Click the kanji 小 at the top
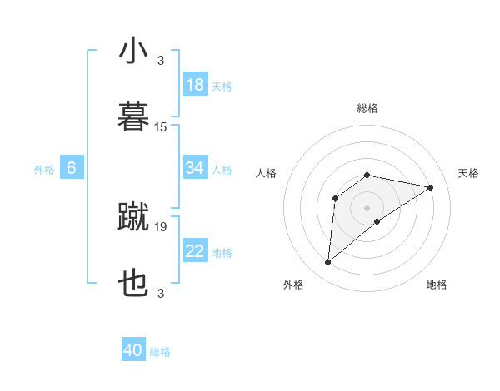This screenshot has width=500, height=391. pos(133,52)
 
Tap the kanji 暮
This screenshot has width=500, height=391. pos(133,117)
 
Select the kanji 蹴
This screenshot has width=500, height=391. pos(133,216)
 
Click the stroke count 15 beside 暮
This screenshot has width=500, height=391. pos(161,127)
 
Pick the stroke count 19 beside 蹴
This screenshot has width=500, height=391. pos(161,226)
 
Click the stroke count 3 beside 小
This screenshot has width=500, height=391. pos(161,61)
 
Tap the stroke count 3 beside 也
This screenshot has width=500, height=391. pos(161,294)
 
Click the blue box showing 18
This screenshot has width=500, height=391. pos(195,85)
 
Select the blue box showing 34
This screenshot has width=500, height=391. pos(195,168)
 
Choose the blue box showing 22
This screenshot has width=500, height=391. pos(195,251)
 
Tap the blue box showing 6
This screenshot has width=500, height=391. pos(72,168)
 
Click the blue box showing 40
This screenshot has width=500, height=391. pos(133,350)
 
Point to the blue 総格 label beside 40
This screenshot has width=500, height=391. pos(160,352)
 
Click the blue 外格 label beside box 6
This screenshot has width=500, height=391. pos(44,170)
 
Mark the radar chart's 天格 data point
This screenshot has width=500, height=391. pos(430,187)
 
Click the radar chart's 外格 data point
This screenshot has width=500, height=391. pos(327,263)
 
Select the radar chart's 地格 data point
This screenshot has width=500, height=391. pos(377,221)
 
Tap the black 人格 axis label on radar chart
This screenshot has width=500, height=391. pos(267,173)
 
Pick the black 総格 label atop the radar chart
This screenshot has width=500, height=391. pos(367,108)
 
